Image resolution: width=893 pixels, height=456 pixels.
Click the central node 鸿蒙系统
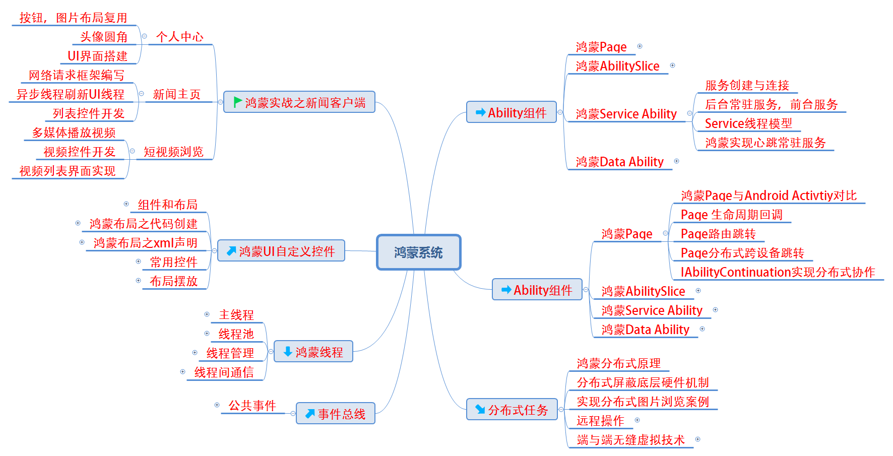(418, 252)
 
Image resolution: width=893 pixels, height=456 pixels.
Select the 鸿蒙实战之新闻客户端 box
(299, 102)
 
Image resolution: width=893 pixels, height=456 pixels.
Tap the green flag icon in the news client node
(237, 102)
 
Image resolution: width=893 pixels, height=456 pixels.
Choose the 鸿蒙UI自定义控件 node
(281, 251)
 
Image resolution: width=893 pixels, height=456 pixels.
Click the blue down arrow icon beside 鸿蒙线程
(288, 352)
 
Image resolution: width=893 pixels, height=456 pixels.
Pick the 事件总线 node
(336, 414)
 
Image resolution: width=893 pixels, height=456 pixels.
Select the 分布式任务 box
(512, 410)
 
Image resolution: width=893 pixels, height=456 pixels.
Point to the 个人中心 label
(179, 37)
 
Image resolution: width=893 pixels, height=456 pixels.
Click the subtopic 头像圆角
(104, 37)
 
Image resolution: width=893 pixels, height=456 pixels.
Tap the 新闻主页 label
(176, 94)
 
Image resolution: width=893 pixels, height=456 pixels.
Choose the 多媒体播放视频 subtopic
(74, 133)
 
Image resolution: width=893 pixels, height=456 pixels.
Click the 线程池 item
(236, 334)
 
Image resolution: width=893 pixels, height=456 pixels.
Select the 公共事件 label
(252, 406)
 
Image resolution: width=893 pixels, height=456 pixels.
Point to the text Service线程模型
(748, 123)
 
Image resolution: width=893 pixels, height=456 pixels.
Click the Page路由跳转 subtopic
(718, 234)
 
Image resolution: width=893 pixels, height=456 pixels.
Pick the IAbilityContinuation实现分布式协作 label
(778, 272)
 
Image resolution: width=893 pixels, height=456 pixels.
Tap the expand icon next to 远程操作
(637, 420)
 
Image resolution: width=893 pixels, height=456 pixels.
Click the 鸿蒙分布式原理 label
(618, 363)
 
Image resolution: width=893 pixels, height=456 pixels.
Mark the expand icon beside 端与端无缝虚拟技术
(697, 439)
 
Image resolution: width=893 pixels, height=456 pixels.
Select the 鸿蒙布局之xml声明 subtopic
(145, 243)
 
